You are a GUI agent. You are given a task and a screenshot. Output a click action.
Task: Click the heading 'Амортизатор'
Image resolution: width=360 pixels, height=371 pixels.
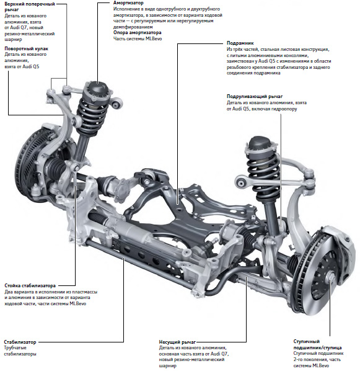128,3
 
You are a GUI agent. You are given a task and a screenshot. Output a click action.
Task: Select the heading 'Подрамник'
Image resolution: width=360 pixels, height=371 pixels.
240,43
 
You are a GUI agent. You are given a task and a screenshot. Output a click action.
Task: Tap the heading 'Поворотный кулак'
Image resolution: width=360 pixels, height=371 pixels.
26,49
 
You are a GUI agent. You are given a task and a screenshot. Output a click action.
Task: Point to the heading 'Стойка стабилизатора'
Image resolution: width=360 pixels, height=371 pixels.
30,285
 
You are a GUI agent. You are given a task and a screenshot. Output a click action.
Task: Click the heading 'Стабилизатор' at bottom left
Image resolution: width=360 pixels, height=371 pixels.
20,342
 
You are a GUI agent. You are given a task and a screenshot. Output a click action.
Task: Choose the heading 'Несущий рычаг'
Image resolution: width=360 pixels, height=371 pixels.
177,342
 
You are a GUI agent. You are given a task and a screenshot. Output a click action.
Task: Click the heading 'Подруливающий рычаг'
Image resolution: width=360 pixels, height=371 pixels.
255,97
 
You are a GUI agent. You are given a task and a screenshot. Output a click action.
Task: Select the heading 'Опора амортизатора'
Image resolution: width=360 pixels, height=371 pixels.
137,33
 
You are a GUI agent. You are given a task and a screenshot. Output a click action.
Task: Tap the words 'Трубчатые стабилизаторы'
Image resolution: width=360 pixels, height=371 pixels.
20,351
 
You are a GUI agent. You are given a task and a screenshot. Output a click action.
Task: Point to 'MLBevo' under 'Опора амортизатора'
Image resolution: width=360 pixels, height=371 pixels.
154,38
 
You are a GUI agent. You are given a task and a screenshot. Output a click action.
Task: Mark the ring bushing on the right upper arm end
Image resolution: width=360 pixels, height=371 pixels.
241,182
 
